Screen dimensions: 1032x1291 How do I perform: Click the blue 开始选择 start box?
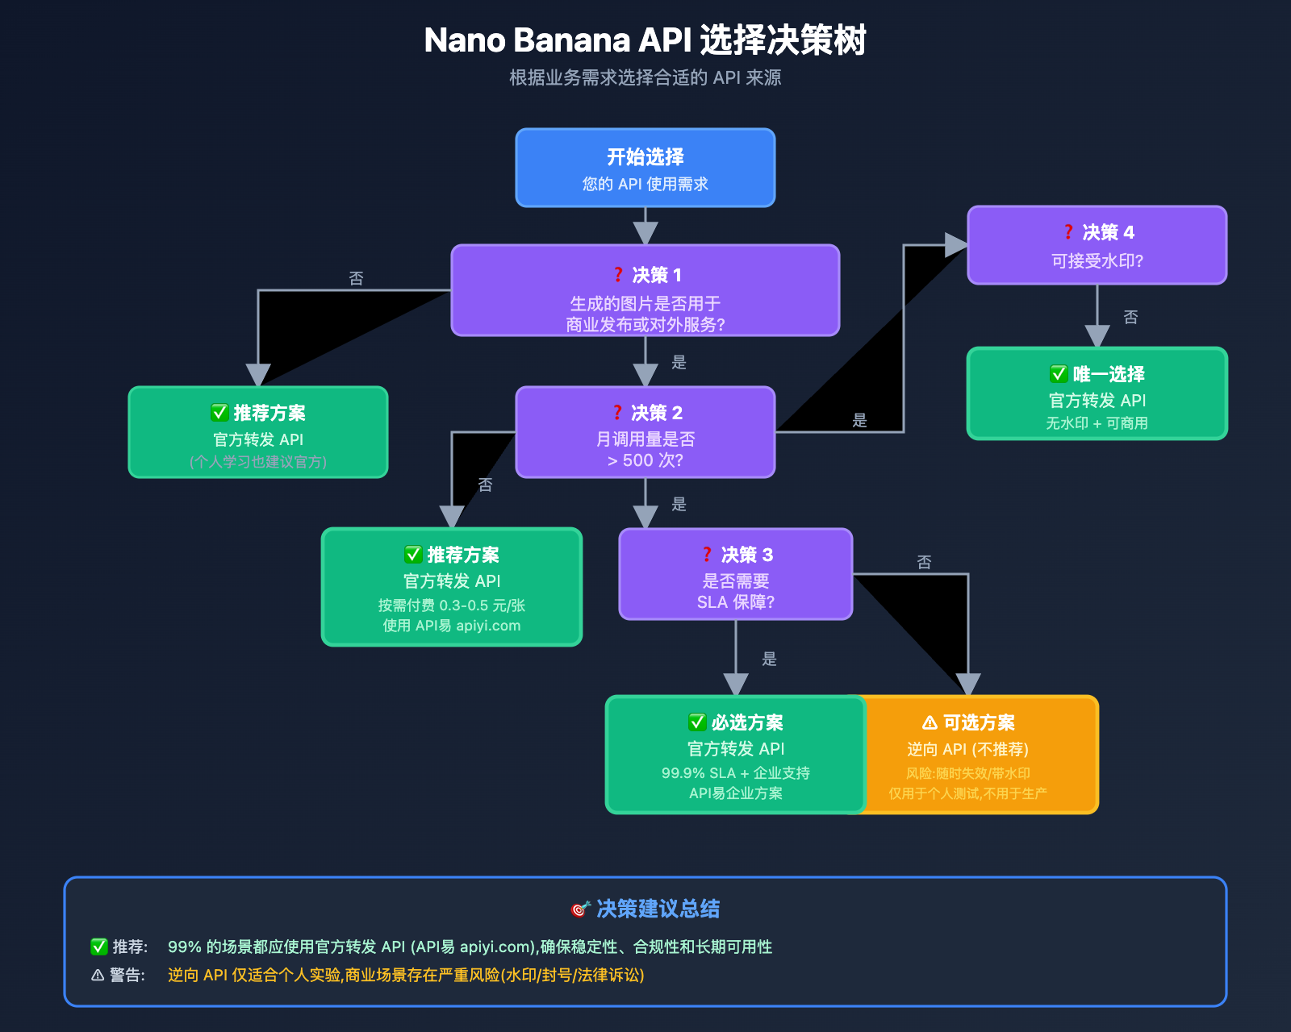point(645,168)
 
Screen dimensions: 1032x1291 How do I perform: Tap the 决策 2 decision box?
point(645,432)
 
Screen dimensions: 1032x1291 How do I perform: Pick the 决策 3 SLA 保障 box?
point(735,574)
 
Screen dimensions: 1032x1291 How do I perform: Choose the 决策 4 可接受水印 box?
point(1097,245)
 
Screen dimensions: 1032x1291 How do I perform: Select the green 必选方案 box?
point(735,755)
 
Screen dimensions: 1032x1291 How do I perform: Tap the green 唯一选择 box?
point(1097,393)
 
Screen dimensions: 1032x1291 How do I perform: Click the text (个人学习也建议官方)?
point(258,462)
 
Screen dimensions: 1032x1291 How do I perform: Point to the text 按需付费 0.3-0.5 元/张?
point(452,605)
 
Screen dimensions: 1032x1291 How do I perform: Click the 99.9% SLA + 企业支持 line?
point(735,773)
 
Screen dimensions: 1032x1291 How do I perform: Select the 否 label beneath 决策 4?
point(1130,317)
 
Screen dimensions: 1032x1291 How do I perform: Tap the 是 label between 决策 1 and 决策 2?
point(679,362)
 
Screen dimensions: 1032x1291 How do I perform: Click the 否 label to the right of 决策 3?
point(924,562)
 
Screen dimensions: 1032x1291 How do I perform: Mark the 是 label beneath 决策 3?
point(769,659)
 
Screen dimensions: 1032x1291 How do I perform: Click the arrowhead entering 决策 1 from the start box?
point(645,234)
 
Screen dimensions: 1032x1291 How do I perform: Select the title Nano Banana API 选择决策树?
point(645,40)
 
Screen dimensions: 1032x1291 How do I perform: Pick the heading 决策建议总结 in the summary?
point(658,909)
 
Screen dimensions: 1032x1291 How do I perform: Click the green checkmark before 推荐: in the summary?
point(98,947)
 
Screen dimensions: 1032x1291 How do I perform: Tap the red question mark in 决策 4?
point(1068,232)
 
